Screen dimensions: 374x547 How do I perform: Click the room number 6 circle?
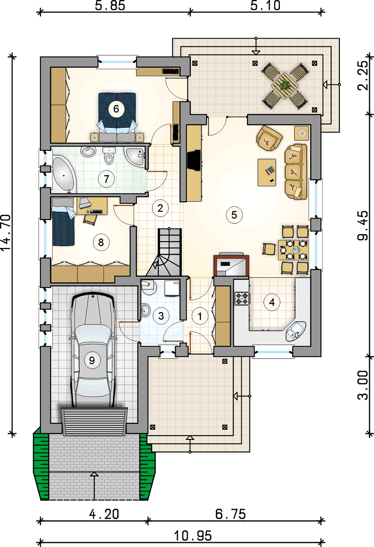(116, 109)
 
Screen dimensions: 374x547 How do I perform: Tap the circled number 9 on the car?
(92, 360)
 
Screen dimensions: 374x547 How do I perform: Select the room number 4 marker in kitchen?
(272, 302)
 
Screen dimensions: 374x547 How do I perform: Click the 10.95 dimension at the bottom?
(193, 535)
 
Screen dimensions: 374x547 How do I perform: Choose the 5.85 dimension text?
(110, 5)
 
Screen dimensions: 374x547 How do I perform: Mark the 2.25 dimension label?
(363, 76)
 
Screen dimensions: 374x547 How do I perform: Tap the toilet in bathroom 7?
(110, 156)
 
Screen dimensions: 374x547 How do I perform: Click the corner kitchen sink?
(295, 330)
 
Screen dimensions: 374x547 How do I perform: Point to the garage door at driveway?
(94, 422)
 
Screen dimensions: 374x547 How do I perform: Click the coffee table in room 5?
(267, 173)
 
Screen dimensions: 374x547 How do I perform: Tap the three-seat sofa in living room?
(296, 171)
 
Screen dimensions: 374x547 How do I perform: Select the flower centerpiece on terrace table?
(285, 84)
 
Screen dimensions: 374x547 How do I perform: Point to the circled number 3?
(161, 316)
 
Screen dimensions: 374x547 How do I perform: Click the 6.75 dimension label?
(230, 514)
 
